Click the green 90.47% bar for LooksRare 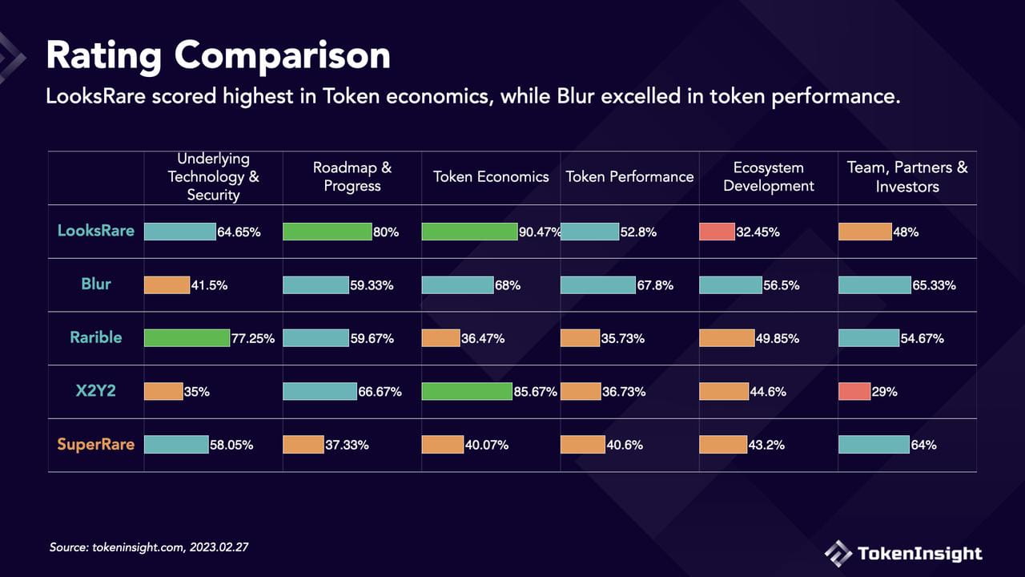point(469,232)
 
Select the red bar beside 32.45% point(717,232)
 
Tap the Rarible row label point(96,337)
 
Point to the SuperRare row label point(96,444)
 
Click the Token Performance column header point(629,177)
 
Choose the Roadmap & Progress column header point(352,177)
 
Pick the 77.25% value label point(253,338)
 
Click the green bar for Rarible point(187,338)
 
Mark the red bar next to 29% point(854,392)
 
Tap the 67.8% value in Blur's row point(655,285)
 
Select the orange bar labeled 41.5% point(167,284)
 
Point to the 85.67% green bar point(467,392)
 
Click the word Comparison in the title point(283,56)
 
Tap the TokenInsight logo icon point(838,554)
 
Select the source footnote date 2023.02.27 point(219,547)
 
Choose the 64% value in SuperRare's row point(924,445)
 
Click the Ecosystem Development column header point(769,177)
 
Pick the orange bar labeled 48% point(866,232)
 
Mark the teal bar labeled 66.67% point(320,392)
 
